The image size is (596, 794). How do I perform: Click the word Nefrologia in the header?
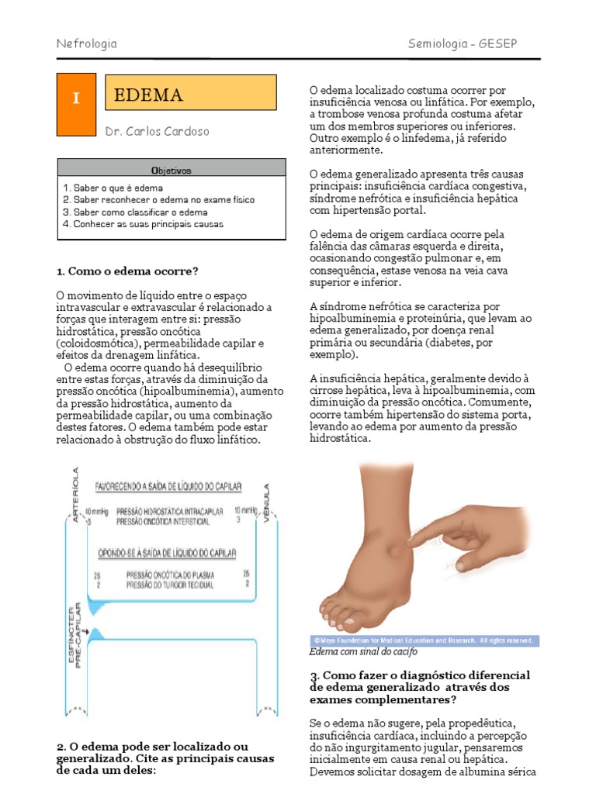pyautogui.click(x=87, y=43)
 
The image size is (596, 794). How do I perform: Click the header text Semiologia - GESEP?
pyautogui.click(x=462, y=43)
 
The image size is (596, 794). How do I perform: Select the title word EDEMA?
pyautogui.click(x=148, y=95)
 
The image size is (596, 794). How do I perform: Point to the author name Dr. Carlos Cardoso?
pyautogui.click(x=157, y=132)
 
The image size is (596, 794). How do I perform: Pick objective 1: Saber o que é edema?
pyautogui.click(x=113, y=188)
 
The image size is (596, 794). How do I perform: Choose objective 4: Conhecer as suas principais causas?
pyautogui.click(x=144, y=224)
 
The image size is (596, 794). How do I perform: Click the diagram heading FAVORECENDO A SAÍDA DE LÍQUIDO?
pyautogui.click(x=168, y=486)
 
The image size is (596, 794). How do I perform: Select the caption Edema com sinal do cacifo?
pyautogui.click(x=352, y=652)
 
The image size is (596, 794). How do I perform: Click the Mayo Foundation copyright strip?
pyautogui.click(x=423, y=640)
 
